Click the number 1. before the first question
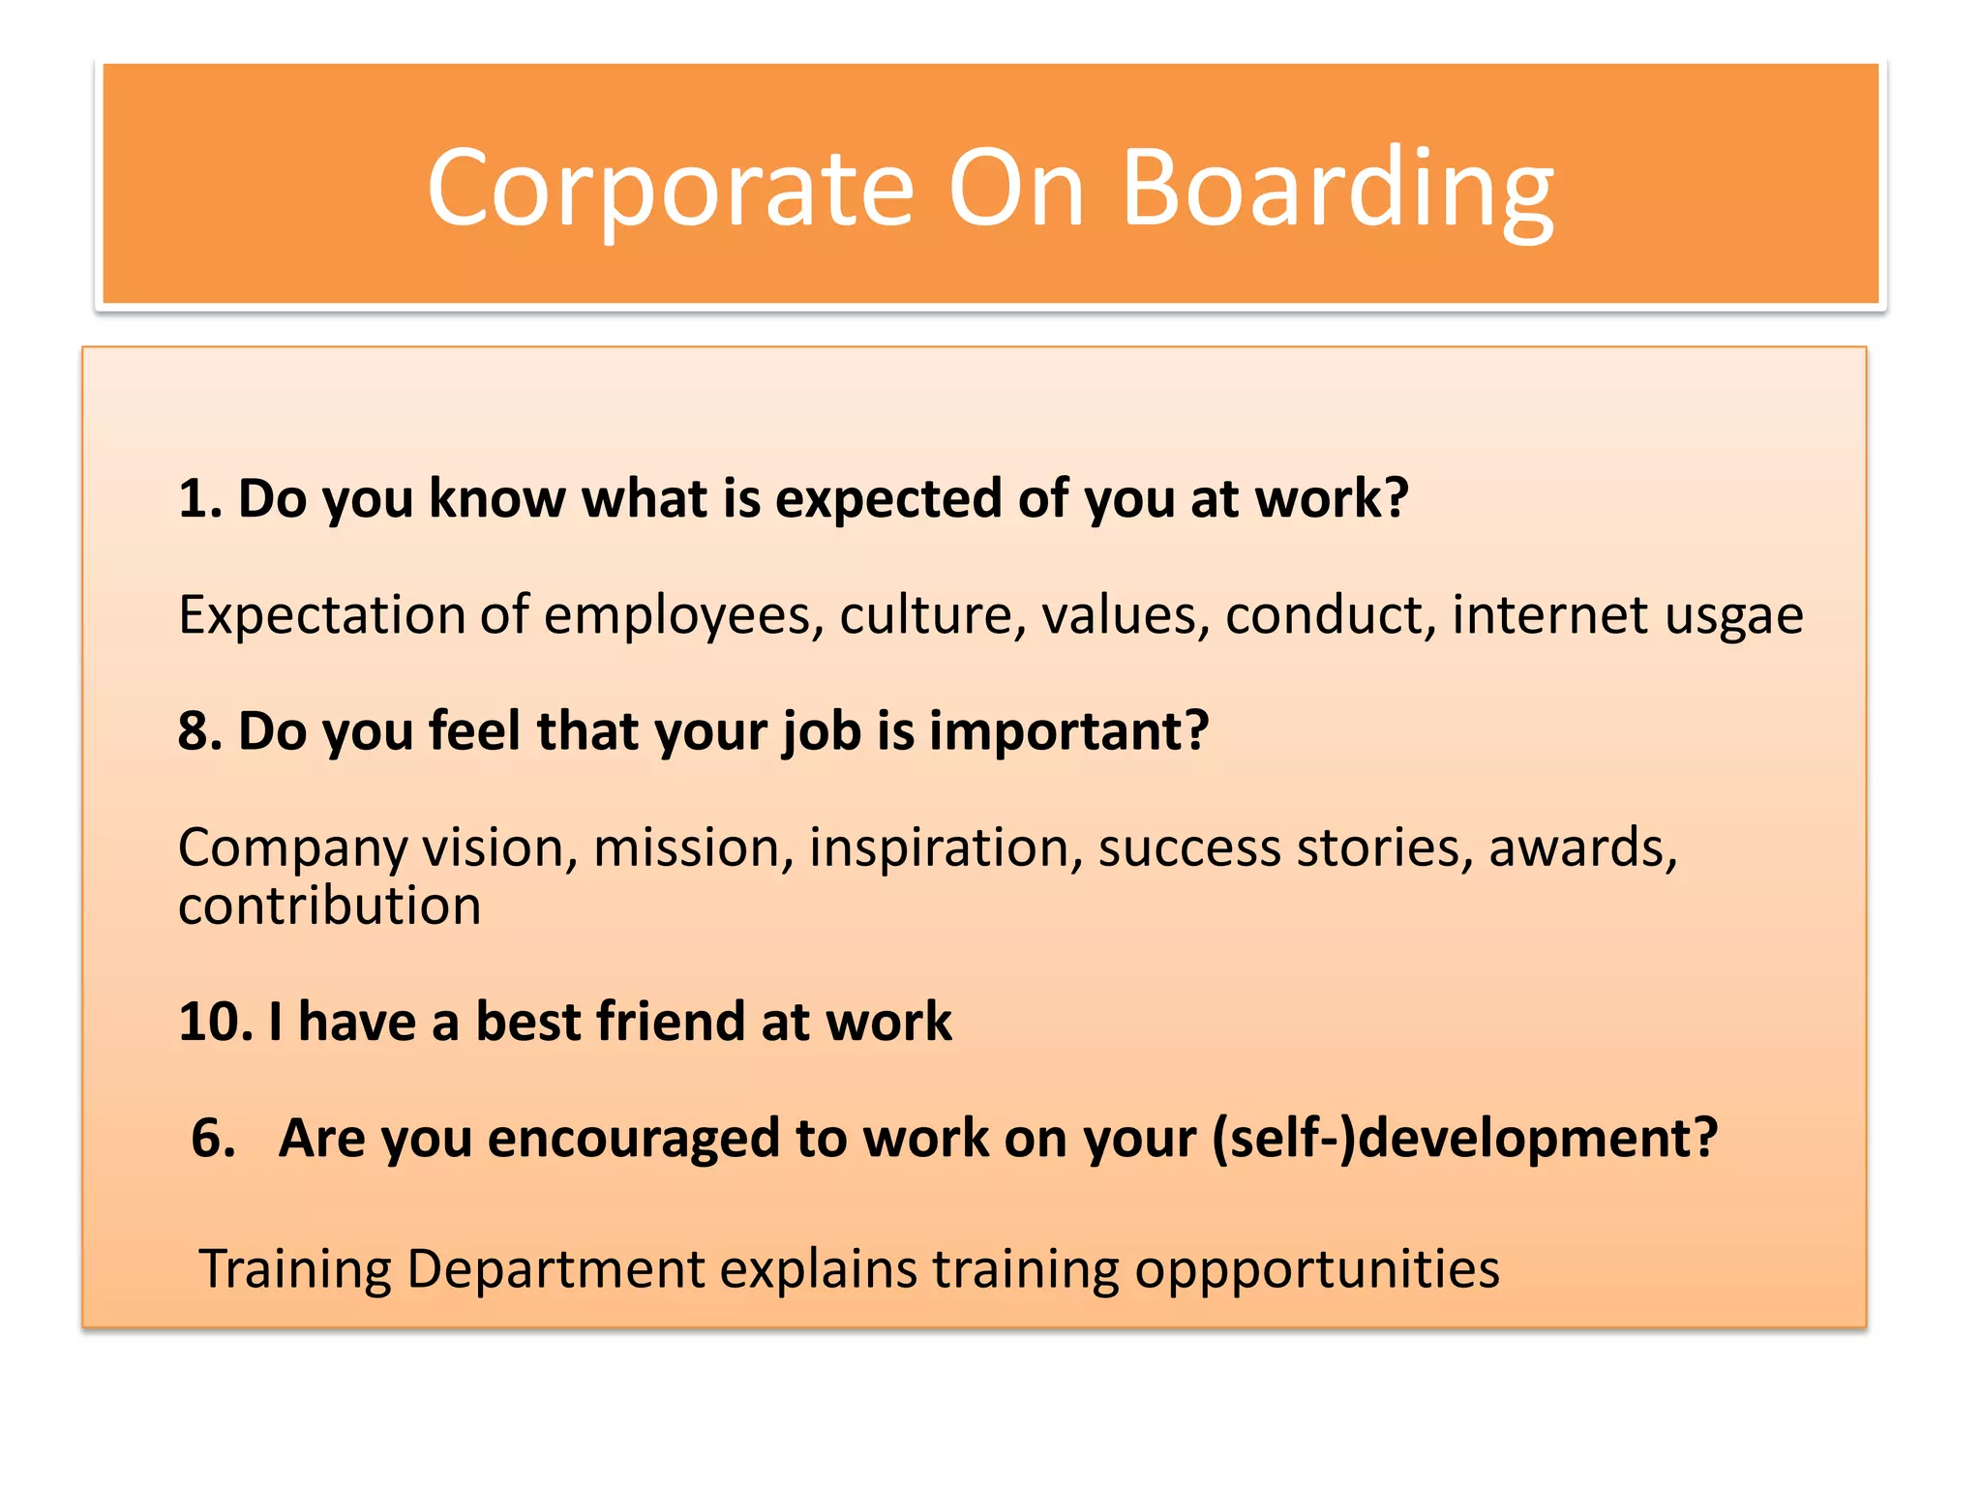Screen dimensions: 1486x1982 click(x=200, y=499)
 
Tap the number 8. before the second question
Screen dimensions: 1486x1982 click(x=200, y=731)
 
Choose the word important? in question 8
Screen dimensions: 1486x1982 click(x=1068, y=732)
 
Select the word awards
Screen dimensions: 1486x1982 click(x=1582, y=848)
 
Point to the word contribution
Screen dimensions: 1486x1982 click(x=329, y=906)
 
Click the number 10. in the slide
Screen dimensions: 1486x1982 click(x=215, y=1023)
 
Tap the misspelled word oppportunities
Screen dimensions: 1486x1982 click(x=1316, y=1271)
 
